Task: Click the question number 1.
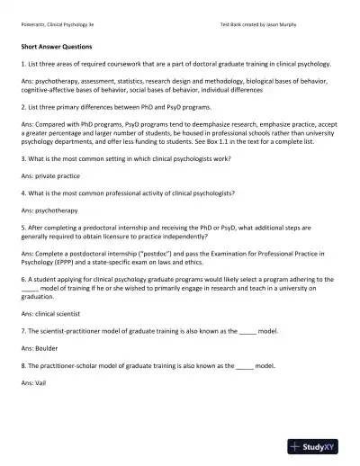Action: (x=22, y=65)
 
